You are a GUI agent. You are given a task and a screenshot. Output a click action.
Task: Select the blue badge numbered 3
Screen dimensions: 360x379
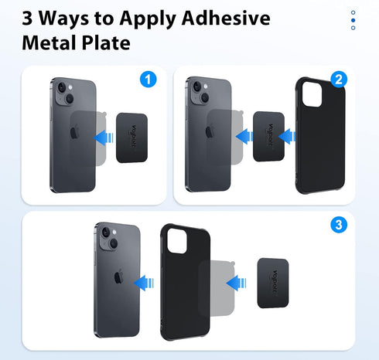pos(337,225)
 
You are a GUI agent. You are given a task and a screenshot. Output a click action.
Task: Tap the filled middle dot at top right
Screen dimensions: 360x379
pos(353,20)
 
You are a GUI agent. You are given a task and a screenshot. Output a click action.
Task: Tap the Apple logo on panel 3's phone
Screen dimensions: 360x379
pos(118,277)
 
